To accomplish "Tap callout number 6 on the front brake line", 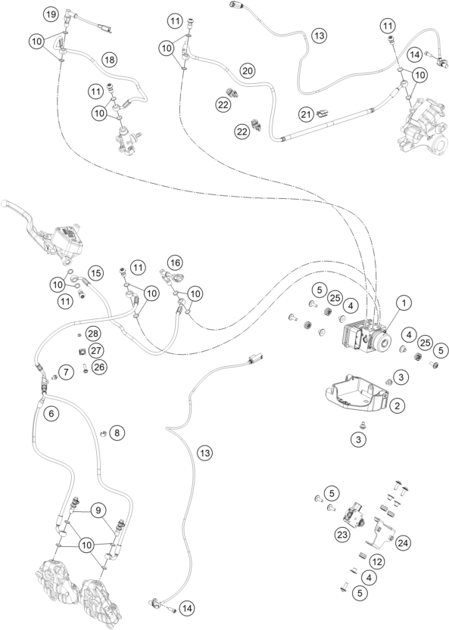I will point(50,414).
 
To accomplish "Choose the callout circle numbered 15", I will point(95,272).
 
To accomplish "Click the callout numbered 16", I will point(175,262).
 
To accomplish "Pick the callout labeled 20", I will point(247,70).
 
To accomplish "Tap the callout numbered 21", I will point(306,113).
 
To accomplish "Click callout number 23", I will point(341,533).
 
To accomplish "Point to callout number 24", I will point(403,542).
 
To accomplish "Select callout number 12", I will point(376,560).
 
